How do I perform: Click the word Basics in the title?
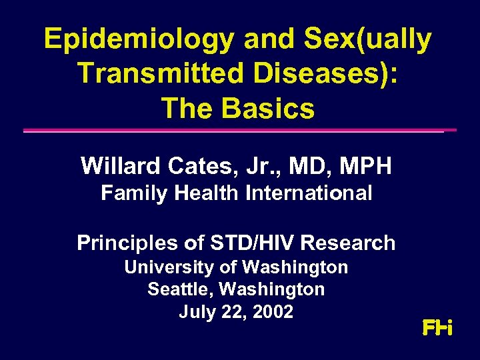coord(273,107)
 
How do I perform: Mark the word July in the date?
coord(194,311)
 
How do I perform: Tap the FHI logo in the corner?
coord(437,328)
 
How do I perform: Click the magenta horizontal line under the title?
coord(240,131)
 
